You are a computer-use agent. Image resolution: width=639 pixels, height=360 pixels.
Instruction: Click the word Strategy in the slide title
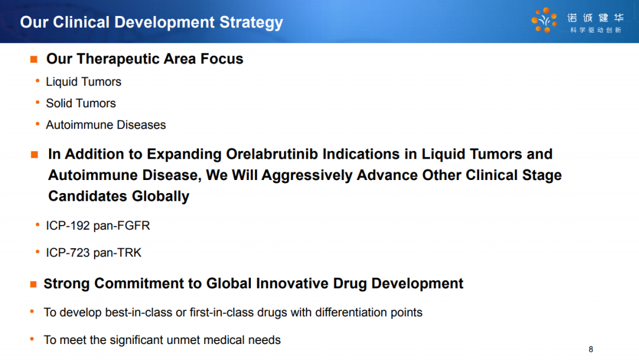pyautogui.click(x=251, y=23)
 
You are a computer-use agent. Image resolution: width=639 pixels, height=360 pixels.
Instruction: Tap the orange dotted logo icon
pyautogui.click(x=544, y=20)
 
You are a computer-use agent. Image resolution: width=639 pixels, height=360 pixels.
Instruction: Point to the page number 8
pyautogui.click(x=591, y=349)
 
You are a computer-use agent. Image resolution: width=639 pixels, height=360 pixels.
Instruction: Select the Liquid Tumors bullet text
pyautogui.click(x=83, y=82)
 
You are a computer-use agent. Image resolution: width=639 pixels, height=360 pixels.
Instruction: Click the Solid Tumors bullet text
pyautogui.click(x=80, y=104)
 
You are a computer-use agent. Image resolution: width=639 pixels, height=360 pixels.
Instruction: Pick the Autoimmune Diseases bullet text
pyautogui.click(x=106, y=125)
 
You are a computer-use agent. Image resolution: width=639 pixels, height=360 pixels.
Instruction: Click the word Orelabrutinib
pyautogui.click(x=272, y=154)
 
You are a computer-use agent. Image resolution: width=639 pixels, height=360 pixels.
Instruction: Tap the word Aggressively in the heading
pyautogui.click(x=307, y=175)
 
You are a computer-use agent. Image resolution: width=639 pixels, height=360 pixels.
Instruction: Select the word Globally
pyautogui.click(x=160, y=197)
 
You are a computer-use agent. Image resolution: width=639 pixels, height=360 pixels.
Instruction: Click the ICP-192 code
pyautogui.click(x=67, y=226)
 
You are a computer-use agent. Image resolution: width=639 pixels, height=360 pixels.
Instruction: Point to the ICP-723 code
pyautogui.click(x=67, y=253)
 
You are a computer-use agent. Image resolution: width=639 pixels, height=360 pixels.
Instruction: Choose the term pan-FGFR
pyautogui.click(x=121, y=226)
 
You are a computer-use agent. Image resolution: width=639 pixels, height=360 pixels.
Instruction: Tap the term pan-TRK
pyautogui.click(x=117, y=253)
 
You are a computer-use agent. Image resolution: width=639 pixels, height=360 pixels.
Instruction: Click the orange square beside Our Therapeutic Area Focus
pyautogui.click(x=34, y=60)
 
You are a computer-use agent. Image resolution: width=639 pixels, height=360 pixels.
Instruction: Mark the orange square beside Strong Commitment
pyautogui.click(x=33, y=284)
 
